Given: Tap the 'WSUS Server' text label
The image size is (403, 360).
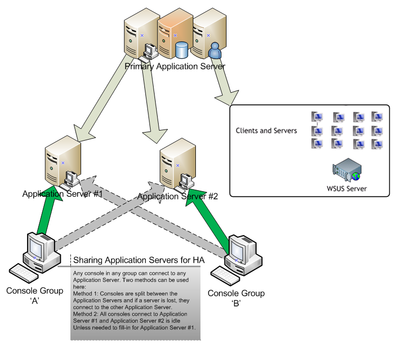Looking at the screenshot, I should (347, 188).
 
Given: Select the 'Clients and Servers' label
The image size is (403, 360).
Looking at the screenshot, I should (266, 131).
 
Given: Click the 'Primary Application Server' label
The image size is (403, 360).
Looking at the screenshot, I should (175, 66).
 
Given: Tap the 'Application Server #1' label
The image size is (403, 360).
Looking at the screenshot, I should (63, 194).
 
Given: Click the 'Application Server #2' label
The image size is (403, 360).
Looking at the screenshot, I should (178, 196).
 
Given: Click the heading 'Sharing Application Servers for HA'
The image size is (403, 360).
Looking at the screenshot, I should (139, 261).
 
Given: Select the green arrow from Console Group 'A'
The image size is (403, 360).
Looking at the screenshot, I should (46, 214).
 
